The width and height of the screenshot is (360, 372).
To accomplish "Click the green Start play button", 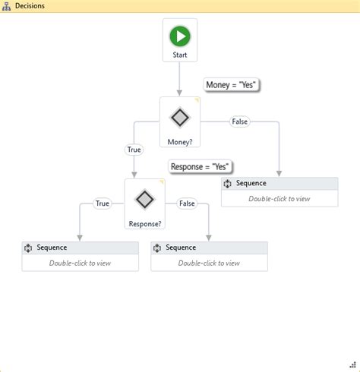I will click(x=180, y=36).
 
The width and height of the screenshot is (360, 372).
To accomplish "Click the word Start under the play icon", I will click(x=180, y=55).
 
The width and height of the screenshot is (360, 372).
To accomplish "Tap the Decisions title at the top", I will click(x=30, y=5).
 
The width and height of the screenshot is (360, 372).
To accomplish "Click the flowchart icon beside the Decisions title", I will click(x=7, y=5).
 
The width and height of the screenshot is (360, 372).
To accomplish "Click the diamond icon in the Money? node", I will click(x=180, y=118).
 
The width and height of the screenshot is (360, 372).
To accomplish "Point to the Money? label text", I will click(x=180, y=141).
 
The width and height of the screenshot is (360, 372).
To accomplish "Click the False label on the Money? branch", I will click(x=239, y=121).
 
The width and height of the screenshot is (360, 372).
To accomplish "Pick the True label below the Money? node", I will click(x=134, y=150).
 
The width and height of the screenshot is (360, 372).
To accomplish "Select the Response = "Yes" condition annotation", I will click(x=200, y=166).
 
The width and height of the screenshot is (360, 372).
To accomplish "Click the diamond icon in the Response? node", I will click(x=144, y=200).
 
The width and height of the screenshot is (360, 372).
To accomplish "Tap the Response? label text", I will click(x=145, y=223).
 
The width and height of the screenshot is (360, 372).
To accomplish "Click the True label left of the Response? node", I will click(x=103, y=203).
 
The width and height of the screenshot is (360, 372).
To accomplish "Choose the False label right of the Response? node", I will click(x=186, y=203).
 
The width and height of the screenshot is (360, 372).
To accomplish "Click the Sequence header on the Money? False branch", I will click(x=251, y=183).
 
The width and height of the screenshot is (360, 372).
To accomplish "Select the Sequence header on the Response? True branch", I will click(x=52, y=247).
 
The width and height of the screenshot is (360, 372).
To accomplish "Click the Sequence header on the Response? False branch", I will click(x=181, y=247).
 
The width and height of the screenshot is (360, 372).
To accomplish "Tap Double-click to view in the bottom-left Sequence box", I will click(x=80, y=263).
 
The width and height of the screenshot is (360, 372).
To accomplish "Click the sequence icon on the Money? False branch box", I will click(x=227, y=184).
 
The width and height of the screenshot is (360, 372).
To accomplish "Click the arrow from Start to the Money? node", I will click(x=180, y=79).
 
